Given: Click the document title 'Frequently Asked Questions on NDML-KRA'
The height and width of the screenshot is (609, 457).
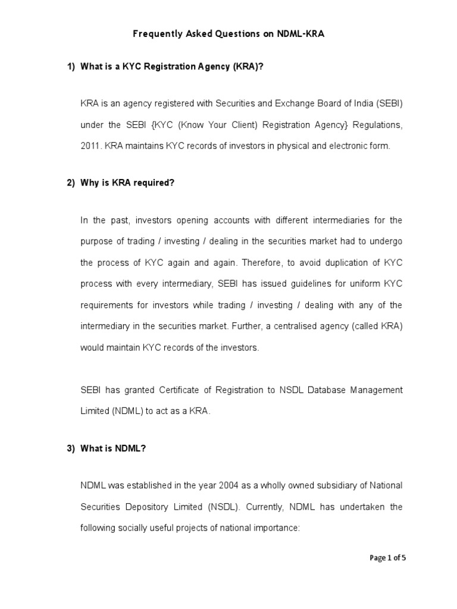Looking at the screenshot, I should tap(228, 34).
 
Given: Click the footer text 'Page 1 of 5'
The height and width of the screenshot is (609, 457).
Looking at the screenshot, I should tap(388, 558).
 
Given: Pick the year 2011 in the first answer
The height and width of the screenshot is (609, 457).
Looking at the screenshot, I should tap(91, 146).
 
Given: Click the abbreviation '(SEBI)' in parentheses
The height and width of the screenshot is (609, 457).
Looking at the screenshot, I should tap(389, 103).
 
